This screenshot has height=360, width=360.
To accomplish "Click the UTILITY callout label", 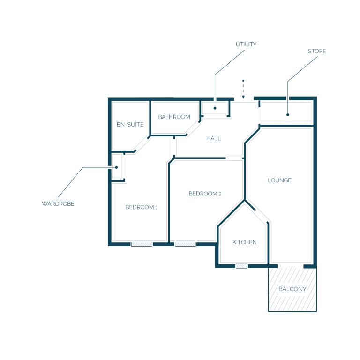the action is tap(246, 45).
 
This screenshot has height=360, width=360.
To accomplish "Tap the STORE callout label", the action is tap(317, 51).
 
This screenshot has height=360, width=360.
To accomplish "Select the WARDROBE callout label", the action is tap(58, 204).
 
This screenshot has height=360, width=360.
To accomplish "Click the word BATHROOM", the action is tap(174, 117).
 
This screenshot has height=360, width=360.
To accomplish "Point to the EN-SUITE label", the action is tap(130, 124).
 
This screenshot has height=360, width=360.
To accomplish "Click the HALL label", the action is tap(214, 138).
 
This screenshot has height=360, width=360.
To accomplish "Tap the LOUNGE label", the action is tap(280, 180).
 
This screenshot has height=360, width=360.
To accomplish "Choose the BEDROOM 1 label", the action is tap(142, 207).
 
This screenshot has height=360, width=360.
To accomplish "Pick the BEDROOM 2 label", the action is tap(205, 194).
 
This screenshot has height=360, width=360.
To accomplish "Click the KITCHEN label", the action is tap(245, 242).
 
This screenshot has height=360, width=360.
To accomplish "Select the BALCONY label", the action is tap(292, 289).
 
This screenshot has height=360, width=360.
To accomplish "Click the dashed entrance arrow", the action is tap(243, 90).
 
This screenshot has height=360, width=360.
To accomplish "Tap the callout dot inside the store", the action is tap(288, 115).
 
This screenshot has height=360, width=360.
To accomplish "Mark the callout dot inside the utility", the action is tap(215, 108).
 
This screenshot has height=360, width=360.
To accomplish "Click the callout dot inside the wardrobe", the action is tap(116, 167).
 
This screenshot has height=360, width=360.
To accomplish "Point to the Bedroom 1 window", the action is tap(142, 244).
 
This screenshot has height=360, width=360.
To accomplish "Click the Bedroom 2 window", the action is tap(185, 244).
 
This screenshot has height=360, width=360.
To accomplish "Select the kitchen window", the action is tap(241, 266).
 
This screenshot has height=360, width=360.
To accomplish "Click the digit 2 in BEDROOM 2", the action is tap(220, 194).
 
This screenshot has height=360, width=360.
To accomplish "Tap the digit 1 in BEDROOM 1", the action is tap(157, 208).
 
